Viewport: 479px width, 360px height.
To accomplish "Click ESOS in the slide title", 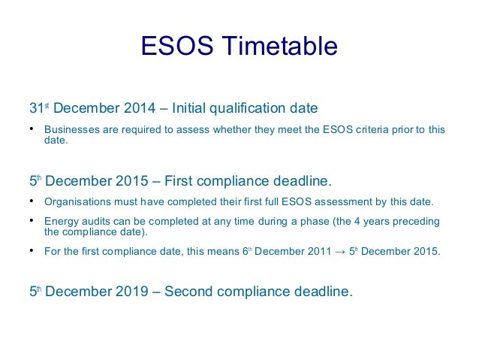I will [178, 47].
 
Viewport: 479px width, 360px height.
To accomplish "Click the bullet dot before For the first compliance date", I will [32, 251].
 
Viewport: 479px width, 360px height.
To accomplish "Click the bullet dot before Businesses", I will [32, 129].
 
